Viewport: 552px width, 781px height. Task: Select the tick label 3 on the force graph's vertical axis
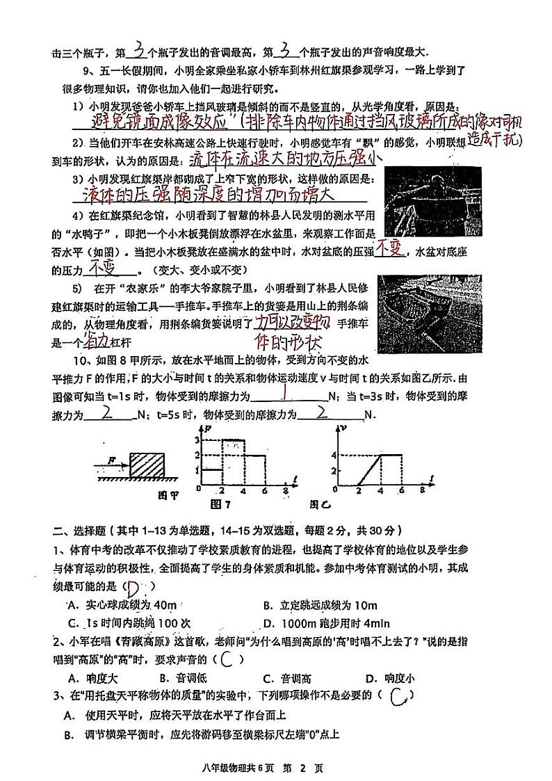click(197, 440)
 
